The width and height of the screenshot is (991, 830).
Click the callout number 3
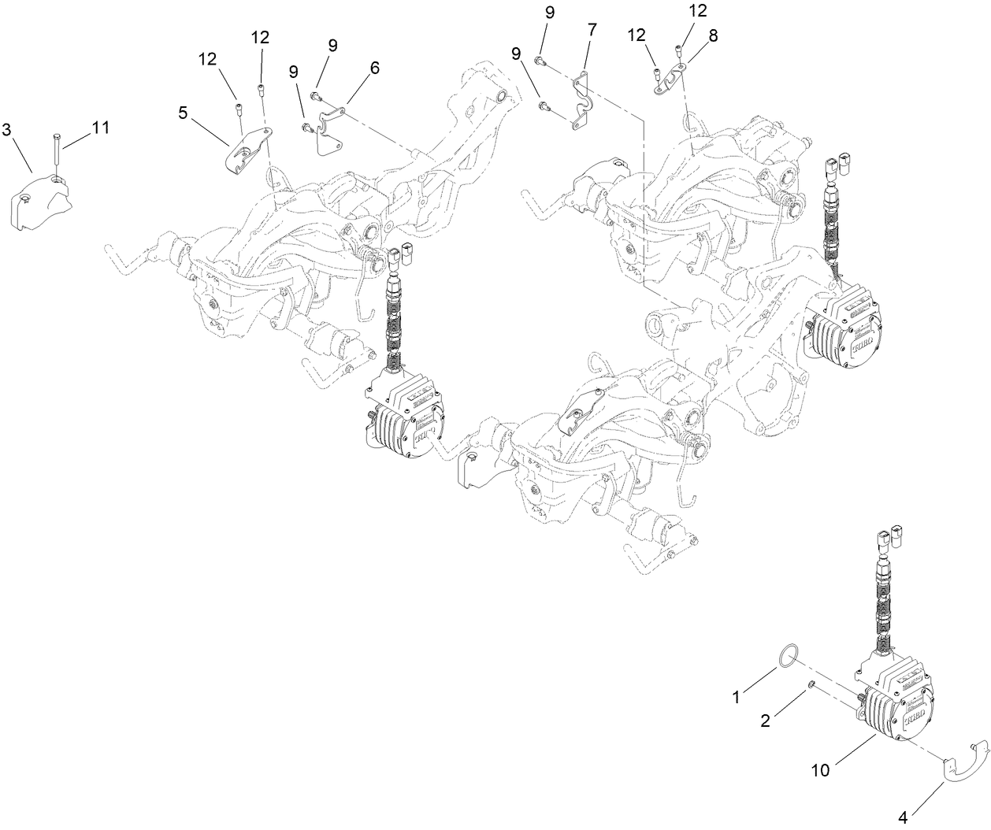(x=6, y=128)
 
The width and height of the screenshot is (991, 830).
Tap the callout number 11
(x=100, y=127)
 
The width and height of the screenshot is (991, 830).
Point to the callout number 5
(x=183, y=113)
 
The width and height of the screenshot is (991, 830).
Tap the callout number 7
(x=592, y=29)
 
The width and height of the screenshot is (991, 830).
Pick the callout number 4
(x=904, y=817)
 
